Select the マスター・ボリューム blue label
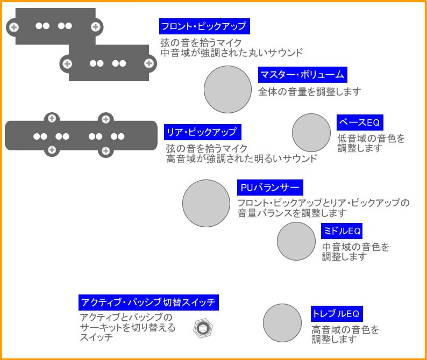click(302, 75)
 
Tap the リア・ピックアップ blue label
click(202, 132)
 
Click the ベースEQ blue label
click(360, 123)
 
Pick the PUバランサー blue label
click(270, 188)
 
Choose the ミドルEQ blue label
click(341, 232)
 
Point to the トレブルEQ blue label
click(335, 313)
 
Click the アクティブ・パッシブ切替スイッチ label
click(147, 302)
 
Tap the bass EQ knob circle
click(311, 133)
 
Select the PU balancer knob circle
click(207, 203)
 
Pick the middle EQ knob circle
click(296, 241)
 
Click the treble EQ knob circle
click(282, 323)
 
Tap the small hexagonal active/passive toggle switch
click(203, 328)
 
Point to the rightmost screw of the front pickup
click(148, 63)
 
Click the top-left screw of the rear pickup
click(52, 119)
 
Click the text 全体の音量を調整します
click(309, 91)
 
